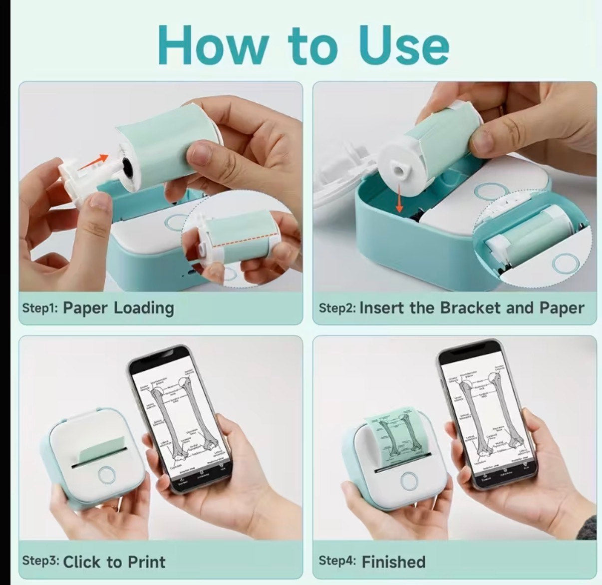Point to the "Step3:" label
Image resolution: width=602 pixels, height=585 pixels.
pos(40,561)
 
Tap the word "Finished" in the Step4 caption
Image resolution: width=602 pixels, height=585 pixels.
pos(393,562)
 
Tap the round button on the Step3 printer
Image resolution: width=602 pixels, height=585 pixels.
pos(106,475)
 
